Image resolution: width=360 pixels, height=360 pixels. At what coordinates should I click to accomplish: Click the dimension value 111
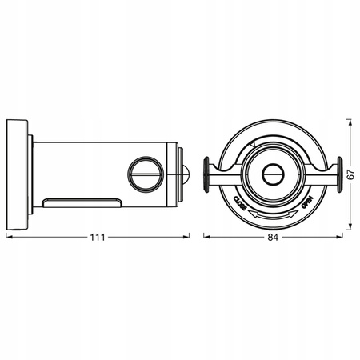98,237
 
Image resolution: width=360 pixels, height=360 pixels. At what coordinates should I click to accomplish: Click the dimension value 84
273,237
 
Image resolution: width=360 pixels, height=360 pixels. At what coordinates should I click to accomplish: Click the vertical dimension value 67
351,174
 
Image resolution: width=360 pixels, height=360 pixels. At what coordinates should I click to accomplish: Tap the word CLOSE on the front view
240,203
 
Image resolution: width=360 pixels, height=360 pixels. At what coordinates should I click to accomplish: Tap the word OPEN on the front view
307,202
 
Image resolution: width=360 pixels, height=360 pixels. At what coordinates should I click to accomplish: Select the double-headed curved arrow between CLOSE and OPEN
273,215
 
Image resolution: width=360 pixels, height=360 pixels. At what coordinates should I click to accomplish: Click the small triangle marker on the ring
253,144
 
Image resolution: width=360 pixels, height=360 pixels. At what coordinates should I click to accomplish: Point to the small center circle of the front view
273,174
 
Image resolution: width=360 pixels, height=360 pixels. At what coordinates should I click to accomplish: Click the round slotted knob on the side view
146,174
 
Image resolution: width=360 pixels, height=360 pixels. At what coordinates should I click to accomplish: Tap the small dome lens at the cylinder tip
186,174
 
